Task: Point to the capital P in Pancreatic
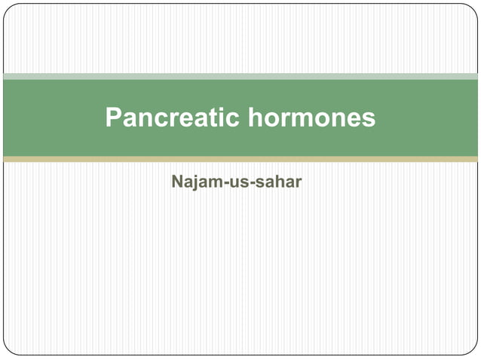tap(113, 117)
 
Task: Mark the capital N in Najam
tap(176, 182)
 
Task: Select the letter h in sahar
tap(275, 182)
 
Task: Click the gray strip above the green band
tap(240, 76)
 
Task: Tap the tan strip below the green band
tap(240, 160)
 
